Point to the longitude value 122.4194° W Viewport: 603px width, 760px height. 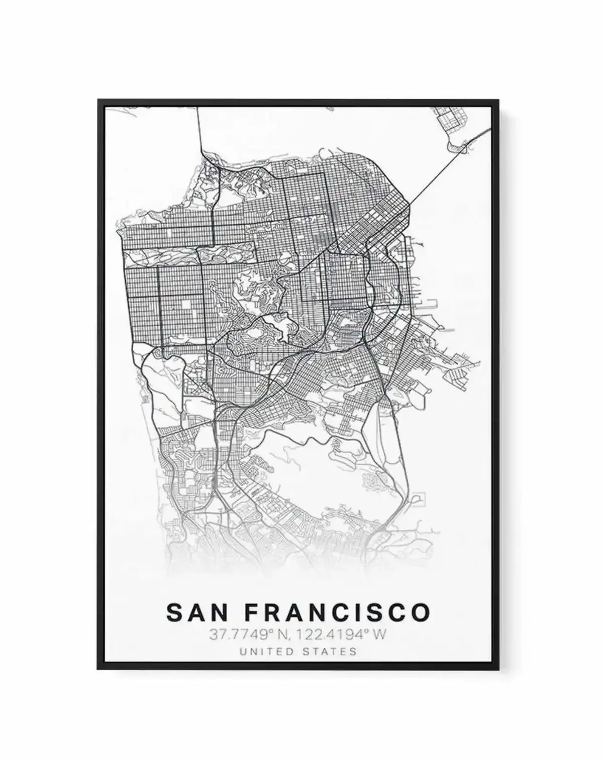pyautogui.click(x=342, y=635)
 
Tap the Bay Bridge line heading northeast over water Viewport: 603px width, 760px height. pyautogui.click(x=442, y=171)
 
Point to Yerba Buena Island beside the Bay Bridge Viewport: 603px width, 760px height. pyautogui.click(x=460, y=146)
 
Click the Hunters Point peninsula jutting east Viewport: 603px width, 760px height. pyautogui.click(x=457, y=362)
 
